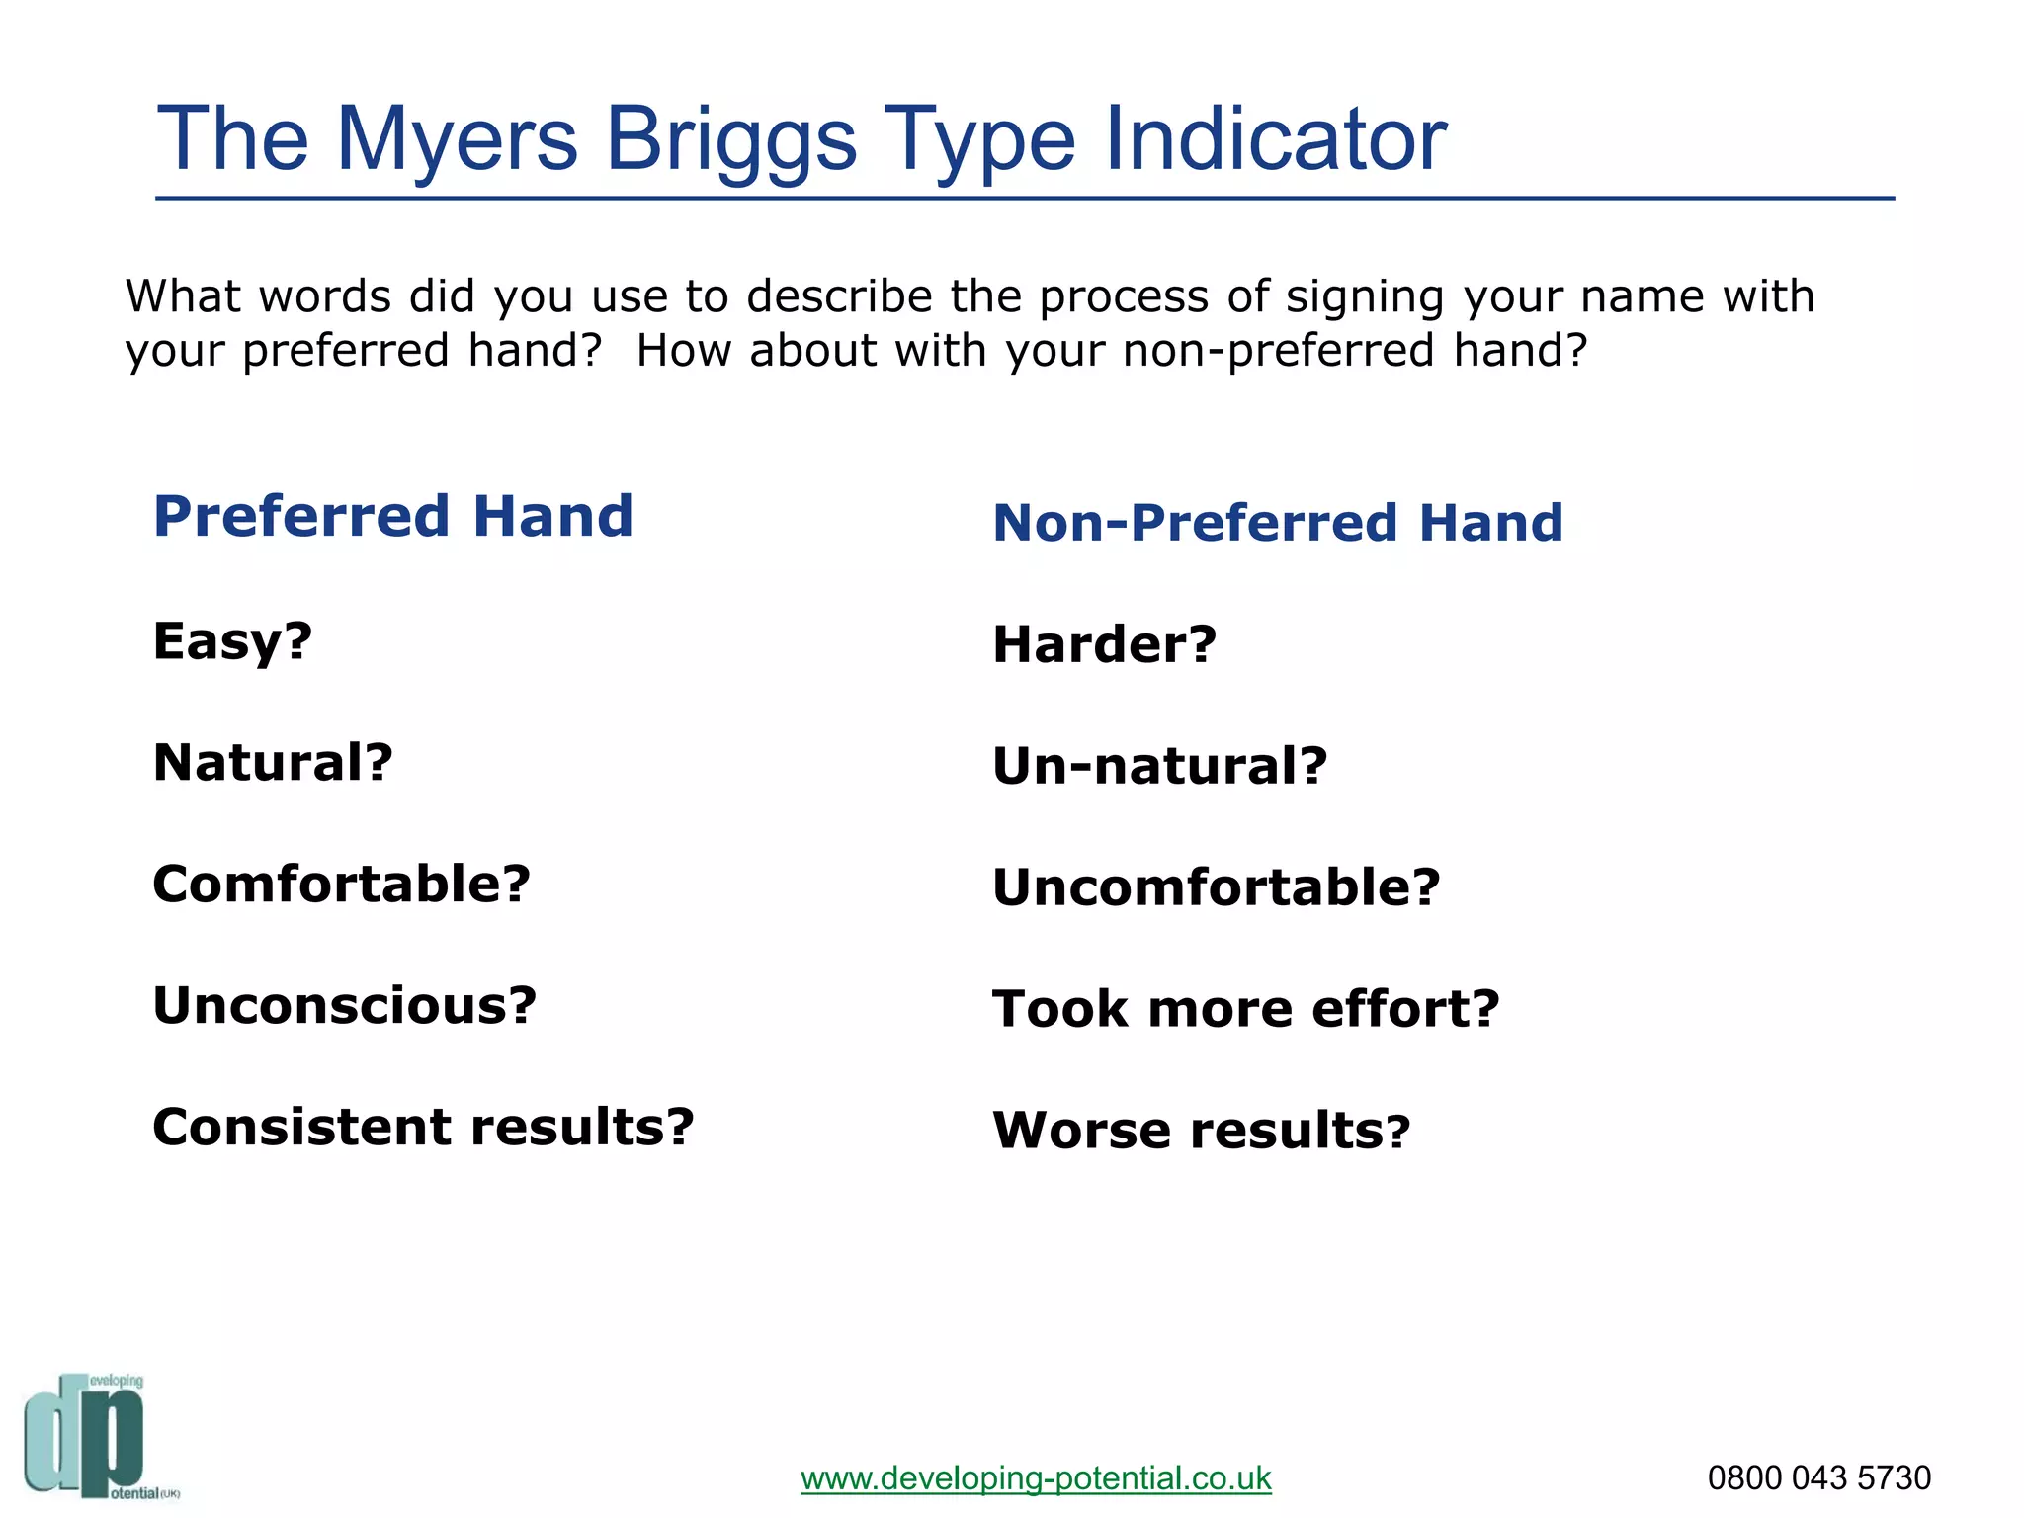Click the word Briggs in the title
pyautogui.click(x=730, y=140)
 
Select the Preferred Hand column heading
pyautogui.click(x=393, y=516)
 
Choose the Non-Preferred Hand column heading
pyautogui.click(x=1278, y=523)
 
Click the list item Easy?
pyautogui.click(x=232, y=641)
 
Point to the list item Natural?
pyautogui.click(x=273, y=763)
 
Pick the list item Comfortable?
pyautogui.click(x=341, y=884)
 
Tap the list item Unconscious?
pyautogui.click(x=344, y=1005)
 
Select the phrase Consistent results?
pyautogui.click(x=423, y=1127)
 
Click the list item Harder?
pyautogui.click(x=1104, y=644)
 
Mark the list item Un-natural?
pyautogui.click(x=1159, y=766)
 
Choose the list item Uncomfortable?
pyautogui.click(x=1216, y=887)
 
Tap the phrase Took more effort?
pyautogui.click(x=1245, y=1009)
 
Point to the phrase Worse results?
pyautogui.click(x=1201, y=1131)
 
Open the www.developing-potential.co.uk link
pyautogui.click(x=1036, y=1478)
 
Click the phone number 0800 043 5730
pyautogui.click(x=1818, y=1478)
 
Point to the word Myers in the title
pyautogui.click(x=457, y=140)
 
